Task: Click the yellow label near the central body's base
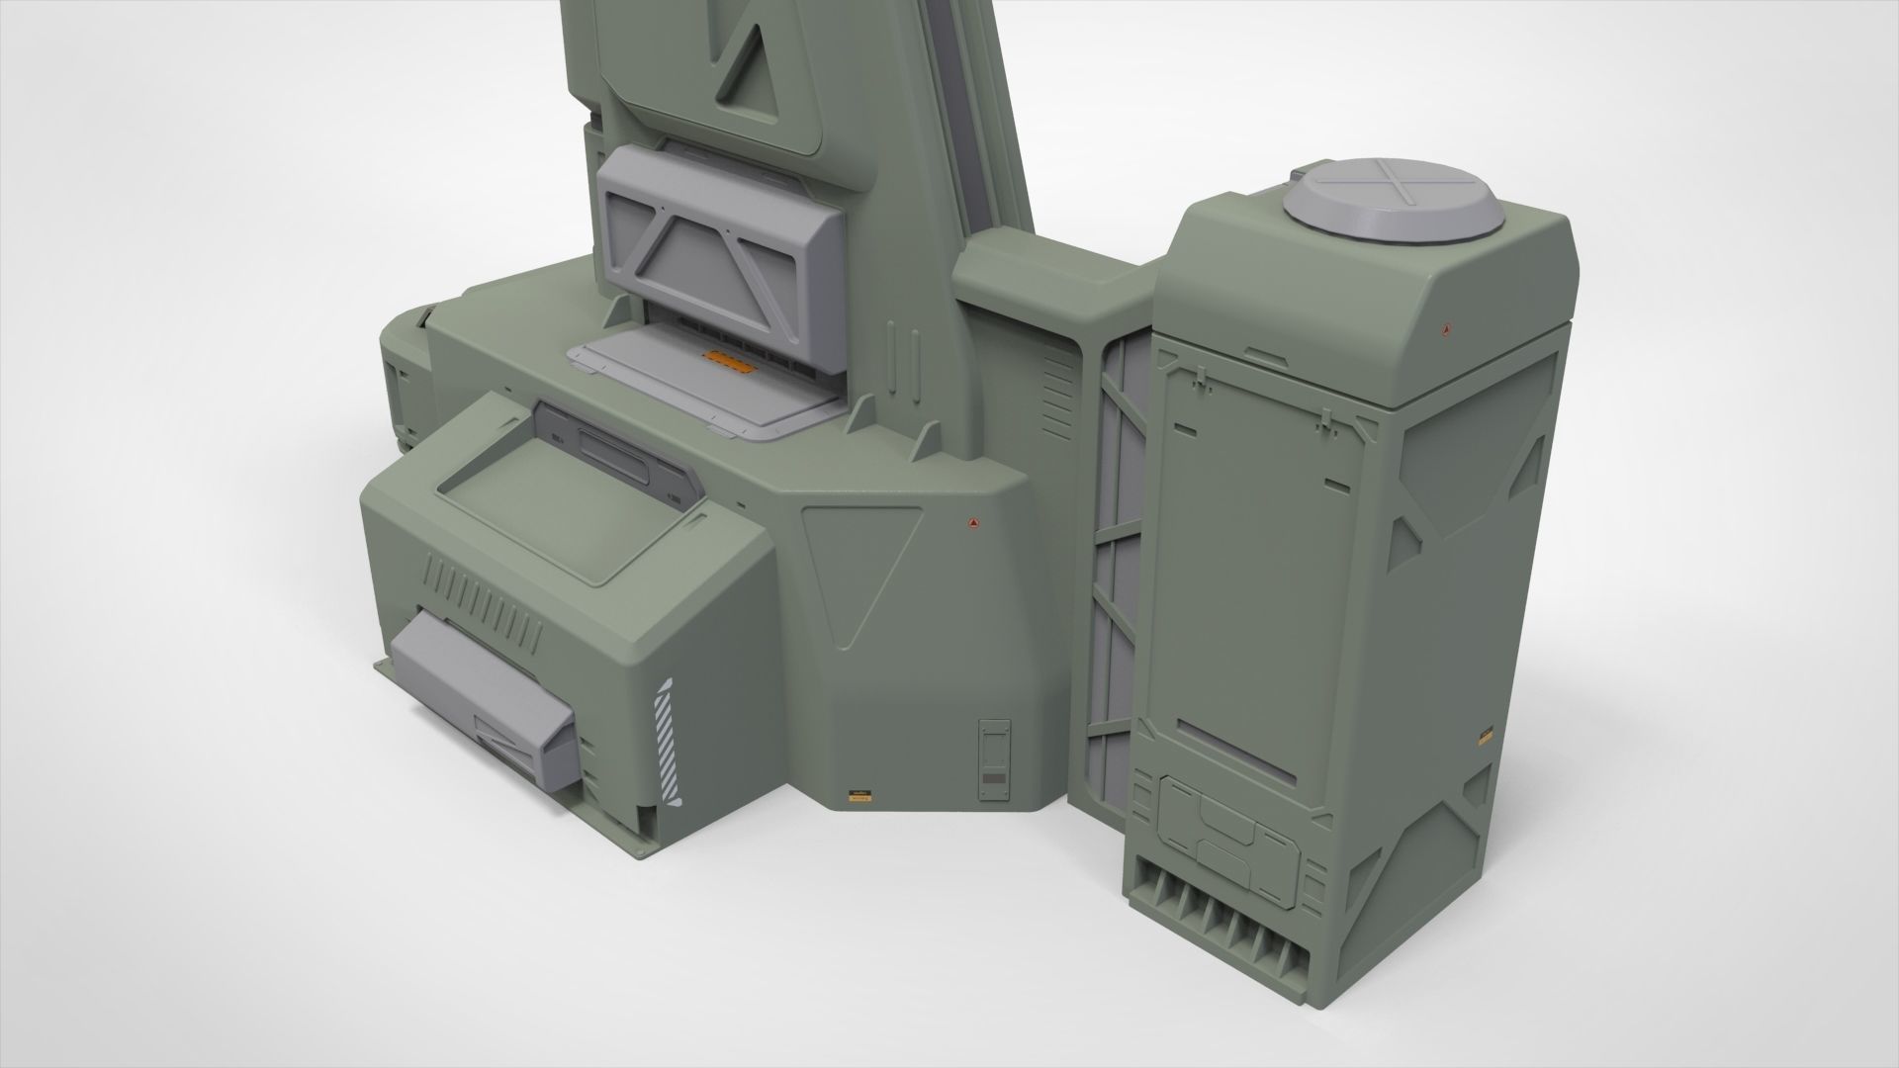coord(859,795)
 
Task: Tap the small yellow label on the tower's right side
coord(1485,738)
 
